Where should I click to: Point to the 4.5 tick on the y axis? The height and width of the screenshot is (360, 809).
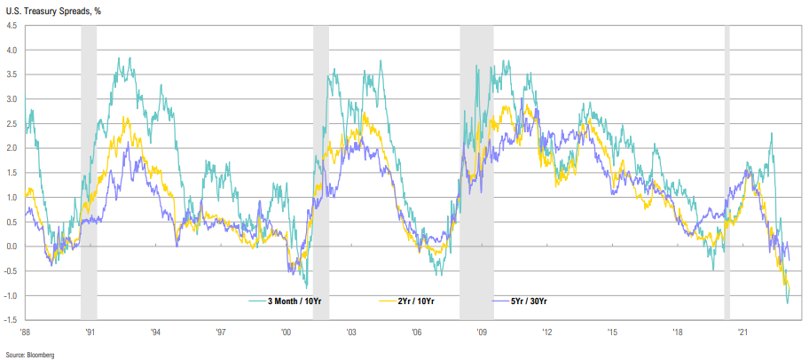[11, 26]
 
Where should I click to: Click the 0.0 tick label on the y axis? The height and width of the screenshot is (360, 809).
[11, 247]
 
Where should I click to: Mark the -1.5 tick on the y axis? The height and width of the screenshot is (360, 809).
[11, 318]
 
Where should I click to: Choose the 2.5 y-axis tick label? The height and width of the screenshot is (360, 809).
[11, 124]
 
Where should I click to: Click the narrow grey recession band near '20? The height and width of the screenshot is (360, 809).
[727, 168]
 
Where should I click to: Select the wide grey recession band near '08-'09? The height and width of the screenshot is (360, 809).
[476, 168]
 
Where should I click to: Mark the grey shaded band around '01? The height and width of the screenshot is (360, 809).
[321, 168]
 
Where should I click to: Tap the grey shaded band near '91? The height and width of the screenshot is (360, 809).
[89, 168]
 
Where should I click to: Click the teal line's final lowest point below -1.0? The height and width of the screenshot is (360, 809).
[787, 303]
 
